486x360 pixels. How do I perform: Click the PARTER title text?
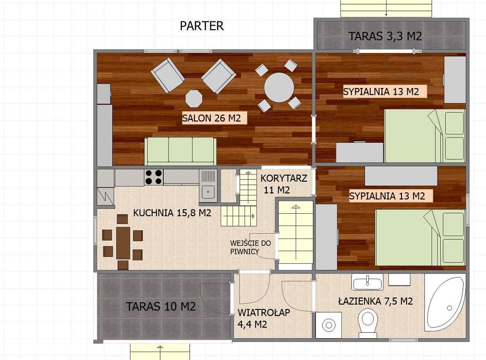pos(202,26)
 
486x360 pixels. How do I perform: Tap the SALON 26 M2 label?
pos(211,118)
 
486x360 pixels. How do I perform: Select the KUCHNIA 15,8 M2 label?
pos(172,212)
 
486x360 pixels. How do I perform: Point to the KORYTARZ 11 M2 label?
pos(283,184)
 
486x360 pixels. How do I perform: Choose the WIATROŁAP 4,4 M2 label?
pos(263,318)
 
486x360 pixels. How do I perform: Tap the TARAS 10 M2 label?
pos(160,307)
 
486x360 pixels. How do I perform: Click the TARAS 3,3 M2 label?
pos(385,36)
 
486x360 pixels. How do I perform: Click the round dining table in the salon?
pos(279,87)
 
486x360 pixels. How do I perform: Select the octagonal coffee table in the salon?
pos(194,98)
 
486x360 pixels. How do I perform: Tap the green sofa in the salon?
pos(180,151)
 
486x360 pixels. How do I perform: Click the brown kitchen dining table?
pos(123,242)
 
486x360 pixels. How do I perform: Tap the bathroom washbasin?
pos(367,282)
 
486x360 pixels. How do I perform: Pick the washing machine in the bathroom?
pos(329,325)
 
